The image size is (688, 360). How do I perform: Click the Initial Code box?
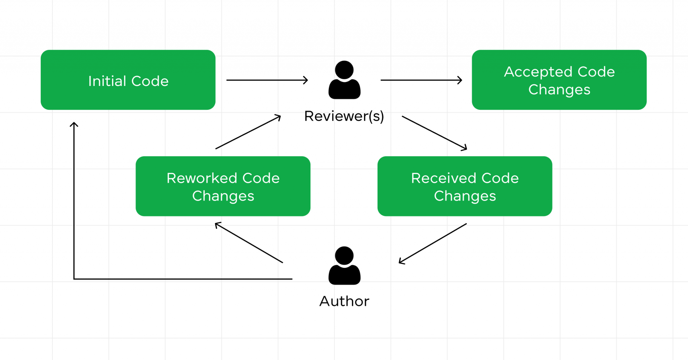point(128,80)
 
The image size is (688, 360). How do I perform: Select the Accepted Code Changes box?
point(559,80)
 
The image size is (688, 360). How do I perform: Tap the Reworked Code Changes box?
point(223,186)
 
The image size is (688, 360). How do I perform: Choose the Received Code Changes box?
point(465,186)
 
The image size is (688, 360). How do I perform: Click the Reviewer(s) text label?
point(344,116)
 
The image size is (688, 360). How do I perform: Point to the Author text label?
point(344,301)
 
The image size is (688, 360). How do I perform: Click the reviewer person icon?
point(344,81)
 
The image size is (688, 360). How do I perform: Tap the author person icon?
point(344,266)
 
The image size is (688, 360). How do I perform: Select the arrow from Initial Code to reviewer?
point(267,80)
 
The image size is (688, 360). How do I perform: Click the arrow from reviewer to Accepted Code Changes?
point(421,80)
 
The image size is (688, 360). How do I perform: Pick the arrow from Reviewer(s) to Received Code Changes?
point(434,133)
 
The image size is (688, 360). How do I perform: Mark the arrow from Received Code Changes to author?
point(433,243)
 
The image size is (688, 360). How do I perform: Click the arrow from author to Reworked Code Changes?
point(249,242)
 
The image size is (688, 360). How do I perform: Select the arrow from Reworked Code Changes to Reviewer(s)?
point(248,132)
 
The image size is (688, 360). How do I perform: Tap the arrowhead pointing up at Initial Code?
point(74,125)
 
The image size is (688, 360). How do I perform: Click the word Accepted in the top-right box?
point(538,72)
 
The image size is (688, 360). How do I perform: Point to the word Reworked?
point(202,178)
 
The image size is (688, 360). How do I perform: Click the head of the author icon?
point(344,256)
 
